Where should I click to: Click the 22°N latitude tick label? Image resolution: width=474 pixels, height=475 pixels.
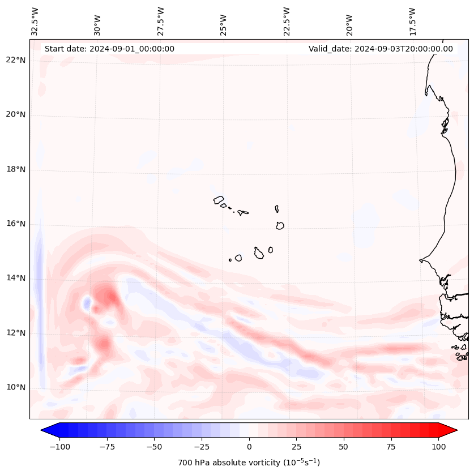pyautogui.click(x=16, y=60)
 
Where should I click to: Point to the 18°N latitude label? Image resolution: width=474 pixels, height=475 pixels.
pyautogui.click(x=16, y=169)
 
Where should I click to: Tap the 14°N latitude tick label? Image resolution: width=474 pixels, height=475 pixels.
pyautogui.click(x=16, y=278)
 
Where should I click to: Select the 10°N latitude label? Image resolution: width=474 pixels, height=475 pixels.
pyautogui.click(x=16, y=387)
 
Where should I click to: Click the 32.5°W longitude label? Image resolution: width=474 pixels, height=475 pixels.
pyautogui.click(x=35, y=21)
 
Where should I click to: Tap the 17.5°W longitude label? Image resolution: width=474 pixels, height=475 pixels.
pyautogui.click(x=412, y=21)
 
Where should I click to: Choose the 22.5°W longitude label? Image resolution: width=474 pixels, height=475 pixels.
pyautogui.click(x=287, y=21)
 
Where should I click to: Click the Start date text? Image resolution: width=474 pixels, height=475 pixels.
pyautogui.click(x=109, y=49)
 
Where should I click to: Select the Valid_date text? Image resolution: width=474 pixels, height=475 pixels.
pyautogui.click(x=381, y=49)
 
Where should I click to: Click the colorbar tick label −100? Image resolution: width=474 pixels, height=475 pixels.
pyautogui.click(x=59, y=447)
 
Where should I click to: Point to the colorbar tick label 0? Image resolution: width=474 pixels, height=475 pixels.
pyautogui.click(x=249, y=447)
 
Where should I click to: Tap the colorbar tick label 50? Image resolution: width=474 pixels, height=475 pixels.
pyautogui.click(x=344, y=447)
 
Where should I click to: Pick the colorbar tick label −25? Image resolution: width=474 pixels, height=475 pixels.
pyautogui.click(x=202, y=447)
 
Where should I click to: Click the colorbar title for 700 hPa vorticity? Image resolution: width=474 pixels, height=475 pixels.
pyautogui.click(x=249, y=463)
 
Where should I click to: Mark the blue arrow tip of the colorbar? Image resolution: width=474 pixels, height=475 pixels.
pyautogui.click(x=46, y=430)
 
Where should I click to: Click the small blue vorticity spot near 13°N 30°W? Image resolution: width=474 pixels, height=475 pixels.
pyautogui.click(x=87, y=303)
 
